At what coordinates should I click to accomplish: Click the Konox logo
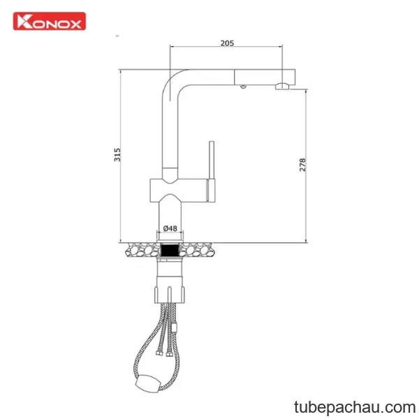point(50,21)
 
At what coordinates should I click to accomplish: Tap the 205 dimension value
point(227,43)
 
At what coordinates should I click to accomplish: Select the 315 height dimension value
point(117,155)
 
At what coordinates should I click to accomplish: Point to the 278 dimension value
point(302,165)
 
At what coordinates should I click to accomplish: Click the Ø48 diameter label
point(170,228)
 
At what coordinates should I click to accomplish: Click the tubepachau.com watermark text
point(355,407)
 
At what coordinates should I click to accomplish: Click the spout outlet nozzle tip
point(282,87)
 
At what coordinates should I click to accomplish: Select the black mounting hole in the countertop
point(170,251)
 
